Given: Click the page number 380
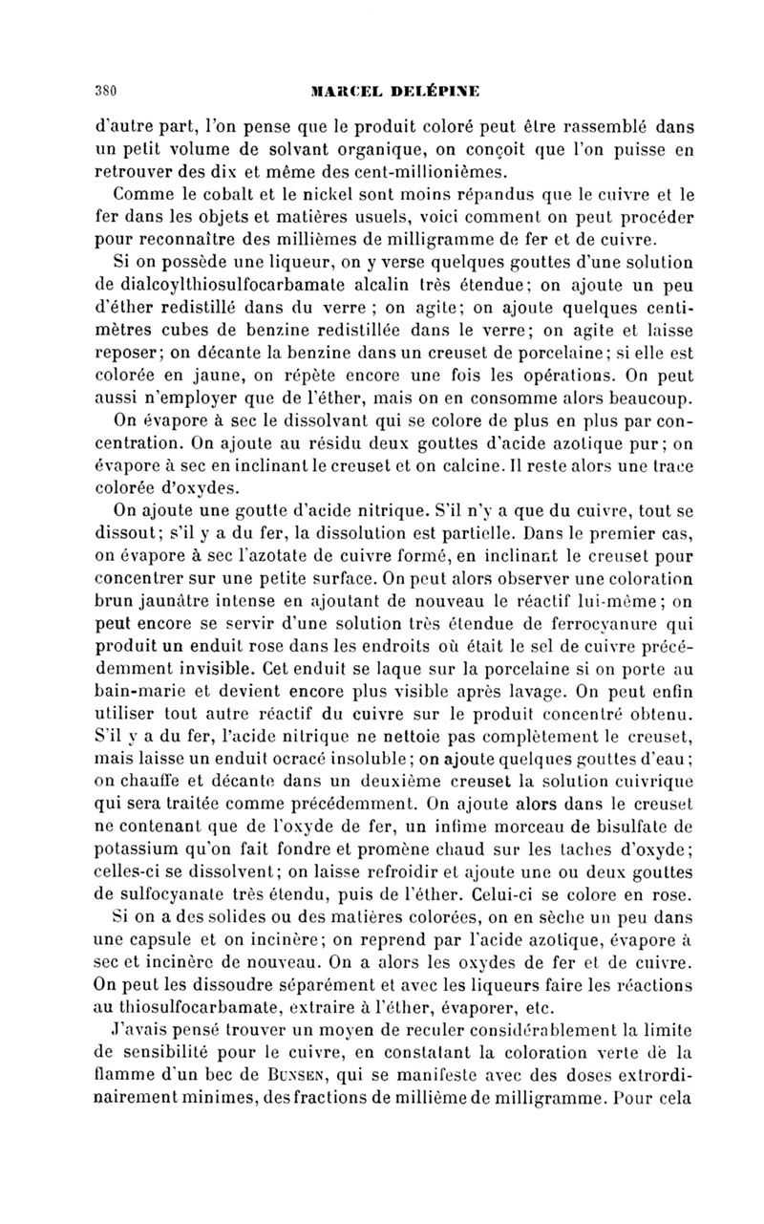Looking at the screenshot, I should point(105,93).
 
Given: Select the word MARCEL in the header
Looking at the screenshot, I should point(344,93).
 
